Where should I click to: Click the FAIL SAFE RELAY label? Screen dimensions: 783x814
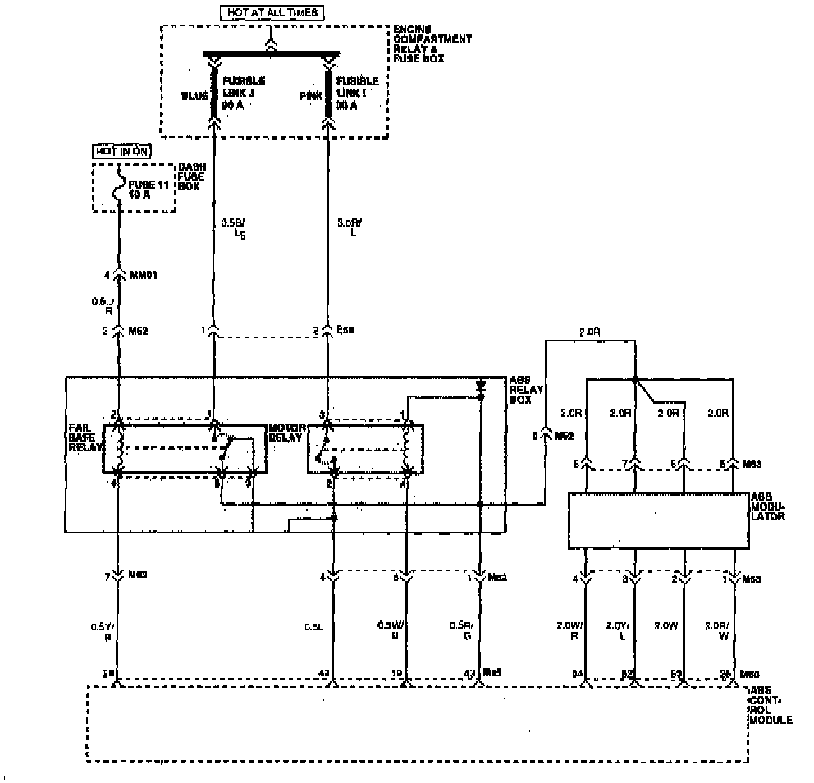85,437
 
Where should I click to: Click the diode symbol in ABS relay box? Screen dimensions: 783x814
480,386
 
